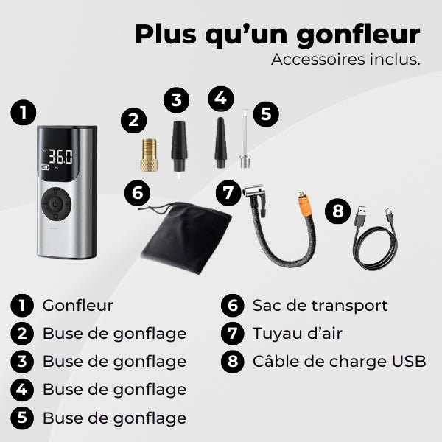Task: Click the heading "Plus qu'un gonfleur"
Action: coord(278,34)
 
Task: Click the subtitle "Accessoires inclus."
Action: coord(345,60)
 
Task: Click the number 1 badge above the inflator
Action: coord(24,113)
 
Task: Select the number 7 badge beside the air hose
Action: coord(228,193)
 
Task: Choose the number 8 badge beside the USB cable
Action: coord(337,211)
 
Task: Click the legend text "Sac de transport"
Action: coord(320,305)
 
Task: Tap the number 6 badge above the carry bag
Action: coord(136,192)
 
